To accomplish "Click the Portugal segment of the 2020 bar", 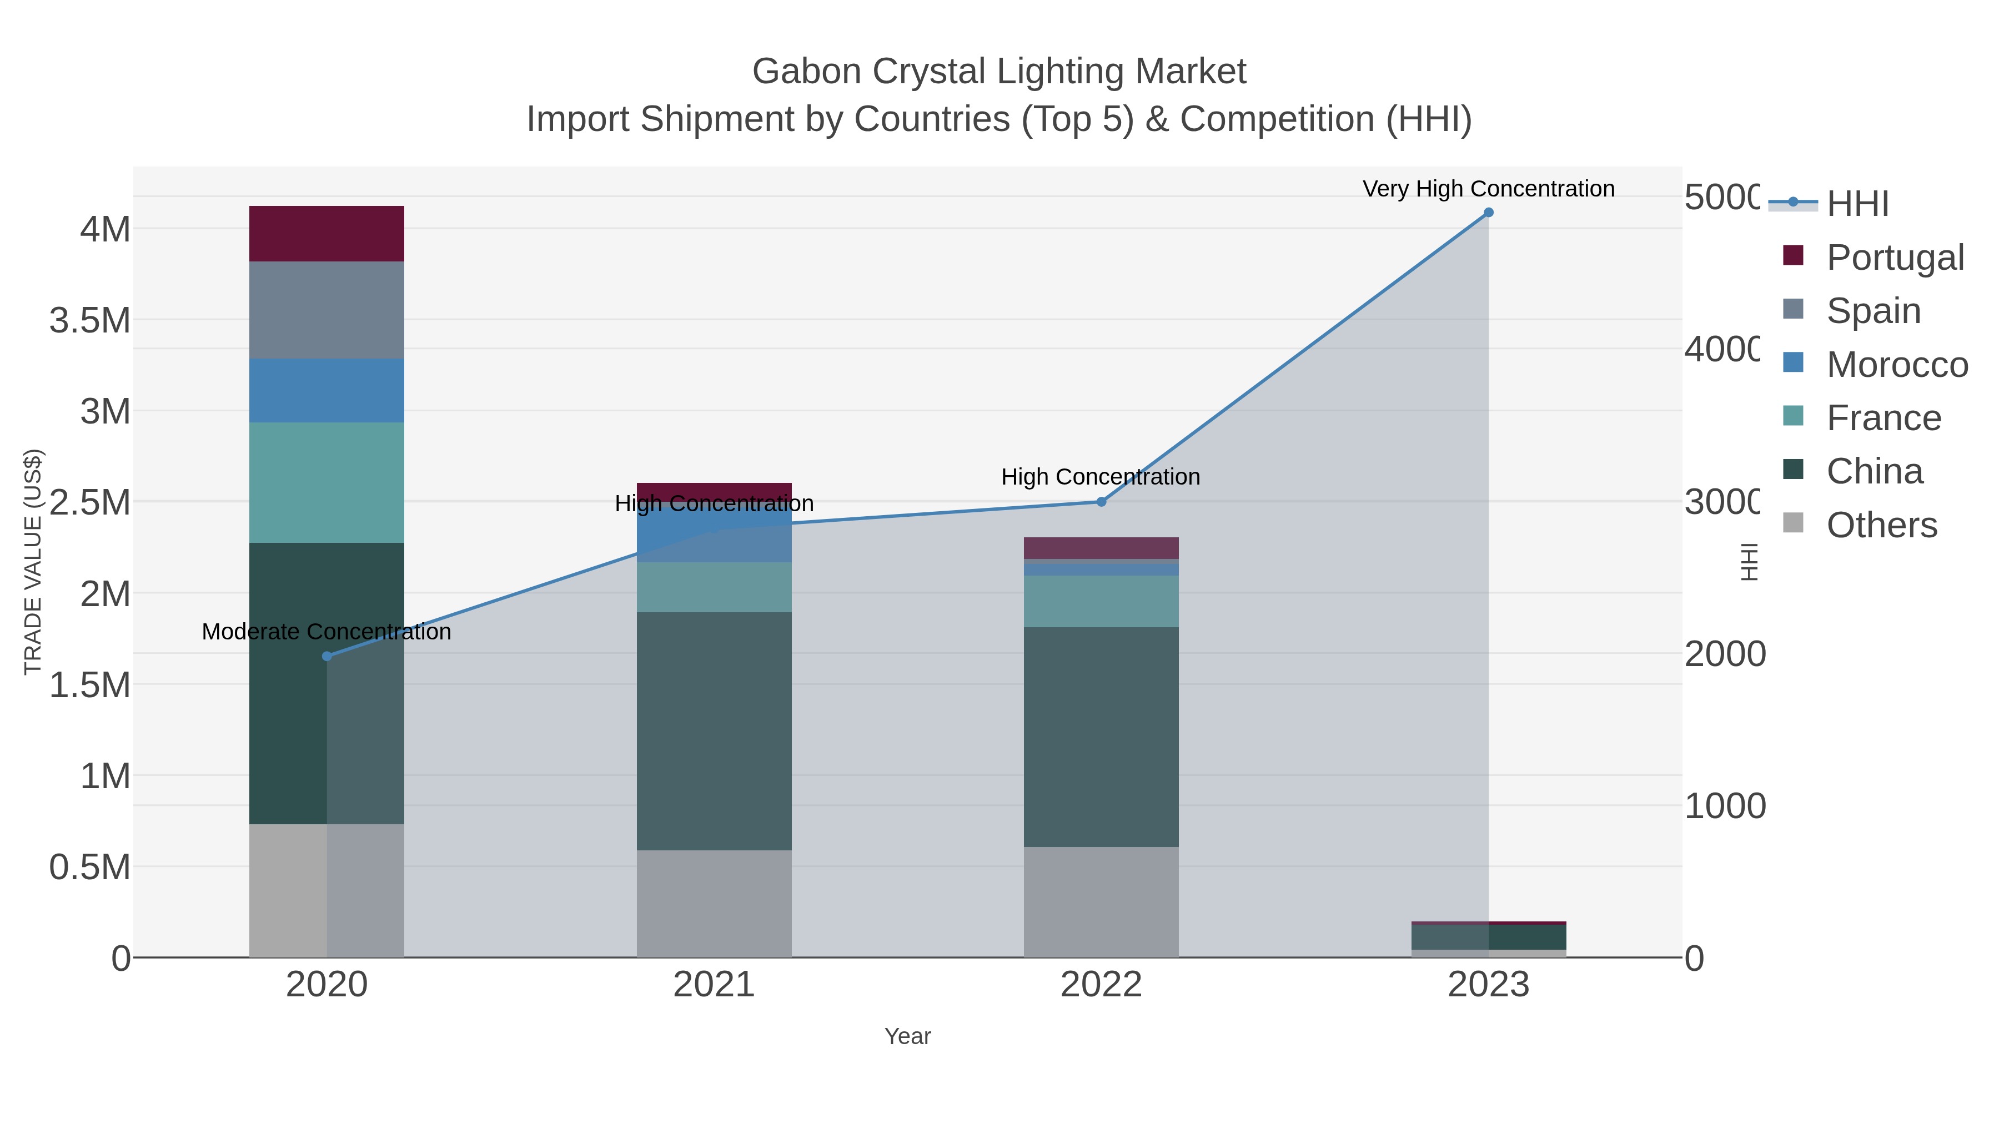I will [326, 234].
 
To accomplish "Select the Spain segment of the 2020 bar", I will [326, 310].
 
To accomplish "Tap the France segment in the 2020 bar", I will [326, 482].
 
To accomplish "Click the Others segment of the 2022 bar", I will [1101, 901].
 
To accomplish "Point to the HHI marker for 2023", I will [1488, 213].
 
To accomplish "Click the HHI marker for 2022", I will [1101, 502].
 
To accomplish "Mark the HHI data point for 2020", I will [327, 656].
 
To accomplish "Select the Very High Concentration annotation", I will [1488, 189].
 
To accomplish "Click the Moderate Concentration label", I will [326, 632].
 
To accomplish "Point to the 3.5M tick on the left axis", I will [90, 320].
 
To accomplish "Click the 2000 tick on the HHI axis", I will [1724, 654].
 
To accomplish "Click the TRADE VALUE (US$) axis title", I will [33, 562].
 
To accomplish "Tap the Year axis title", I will [907, 1036].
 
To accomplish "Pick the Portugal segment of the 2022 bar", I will [1101, 548].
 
